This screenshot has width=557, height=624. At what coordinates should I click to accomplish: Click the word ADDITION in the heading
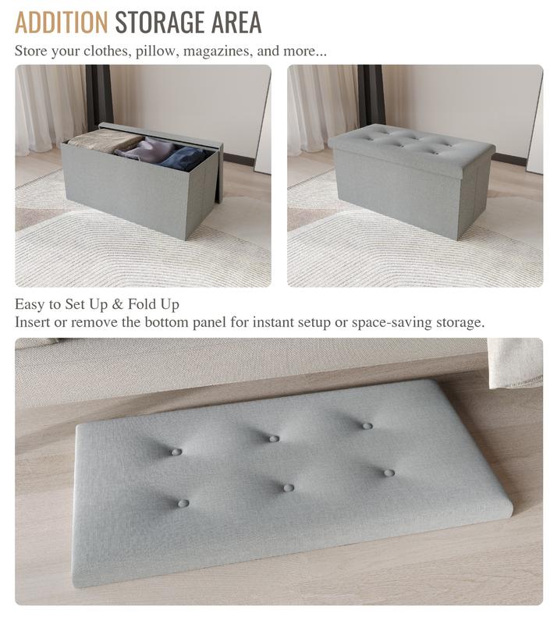[62, 23]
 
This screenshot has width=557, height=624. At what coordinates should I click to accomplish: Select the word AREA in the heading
[236, 23]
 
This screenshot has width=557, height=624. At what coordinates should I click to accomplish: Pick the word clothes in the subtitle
[107, 51]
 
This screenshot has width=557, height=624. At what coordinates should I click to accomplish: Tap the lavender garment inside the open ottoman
[147, 150]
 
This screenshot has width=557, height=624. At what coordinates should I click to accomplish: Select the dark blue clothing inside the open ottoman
[183, 158]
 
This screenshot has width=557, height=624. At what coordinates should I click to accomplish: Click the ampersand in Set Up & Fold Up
[118, 305]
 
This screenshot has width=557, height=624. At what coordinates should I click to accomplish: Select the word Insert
[32, 322]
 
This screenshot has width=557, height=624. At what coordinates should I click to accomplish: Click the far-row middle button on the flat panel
[274, 438]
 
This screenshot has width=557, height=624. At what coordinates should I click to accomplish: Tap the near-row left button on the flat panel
[183, 503]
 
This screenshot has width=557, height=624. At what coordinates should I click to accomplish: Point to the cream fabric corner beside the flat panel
[515, 363]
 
